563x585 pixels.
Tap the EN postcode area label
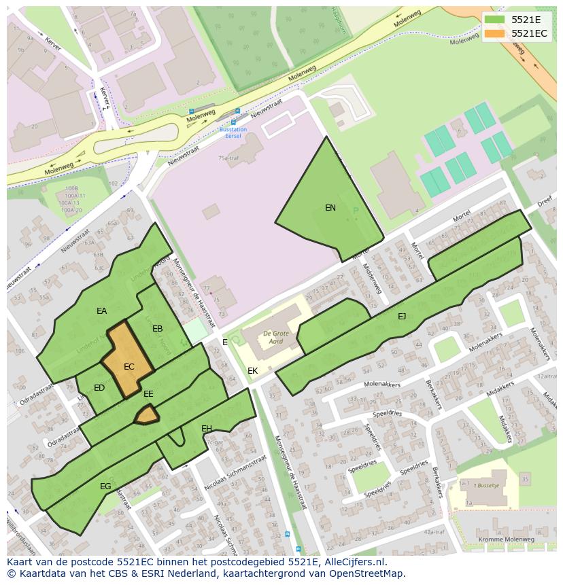[330, 208]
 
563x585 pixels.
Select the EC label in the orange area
[129, 367]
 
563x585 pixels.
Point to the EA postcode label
[101, 311]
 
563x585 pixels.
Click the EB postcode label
[157, 329]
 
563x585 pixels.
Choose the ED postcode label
[99, 388]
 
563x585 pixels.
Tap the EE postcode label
[148, 394]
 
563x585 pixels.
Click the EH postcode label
[207, 428]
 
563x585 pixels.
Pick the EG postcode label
[105, 486]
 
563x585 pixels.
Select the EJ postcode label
[402, 316]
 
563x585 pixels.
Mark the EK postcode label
[252, 371]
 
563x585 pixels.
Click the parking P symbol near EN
[355, 211]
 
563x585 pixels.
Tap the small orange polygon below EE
[147, 414]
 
